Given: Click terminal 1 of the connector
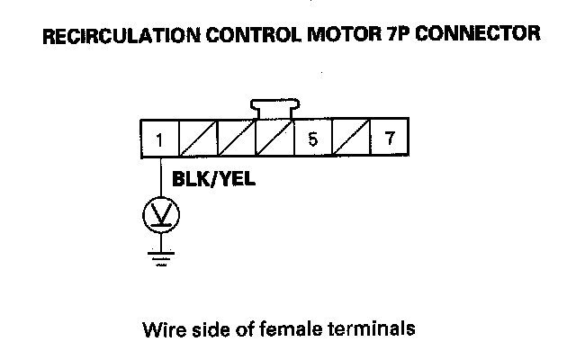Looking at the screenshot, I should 159,139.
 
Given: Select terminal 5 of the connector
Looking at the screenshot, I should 312,139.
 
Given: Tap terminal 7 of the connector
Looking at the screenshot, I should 389,139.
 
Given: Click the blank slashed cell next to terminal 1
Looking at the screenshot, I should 198,139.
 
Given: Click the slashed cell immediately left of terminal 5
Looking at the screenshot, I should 274,139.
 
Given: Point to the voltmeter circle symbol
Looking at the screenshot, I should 161,215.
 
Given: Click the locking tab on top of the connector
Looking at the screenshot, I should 274,109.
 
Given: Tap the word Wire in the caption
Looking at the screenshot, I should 159,328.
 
